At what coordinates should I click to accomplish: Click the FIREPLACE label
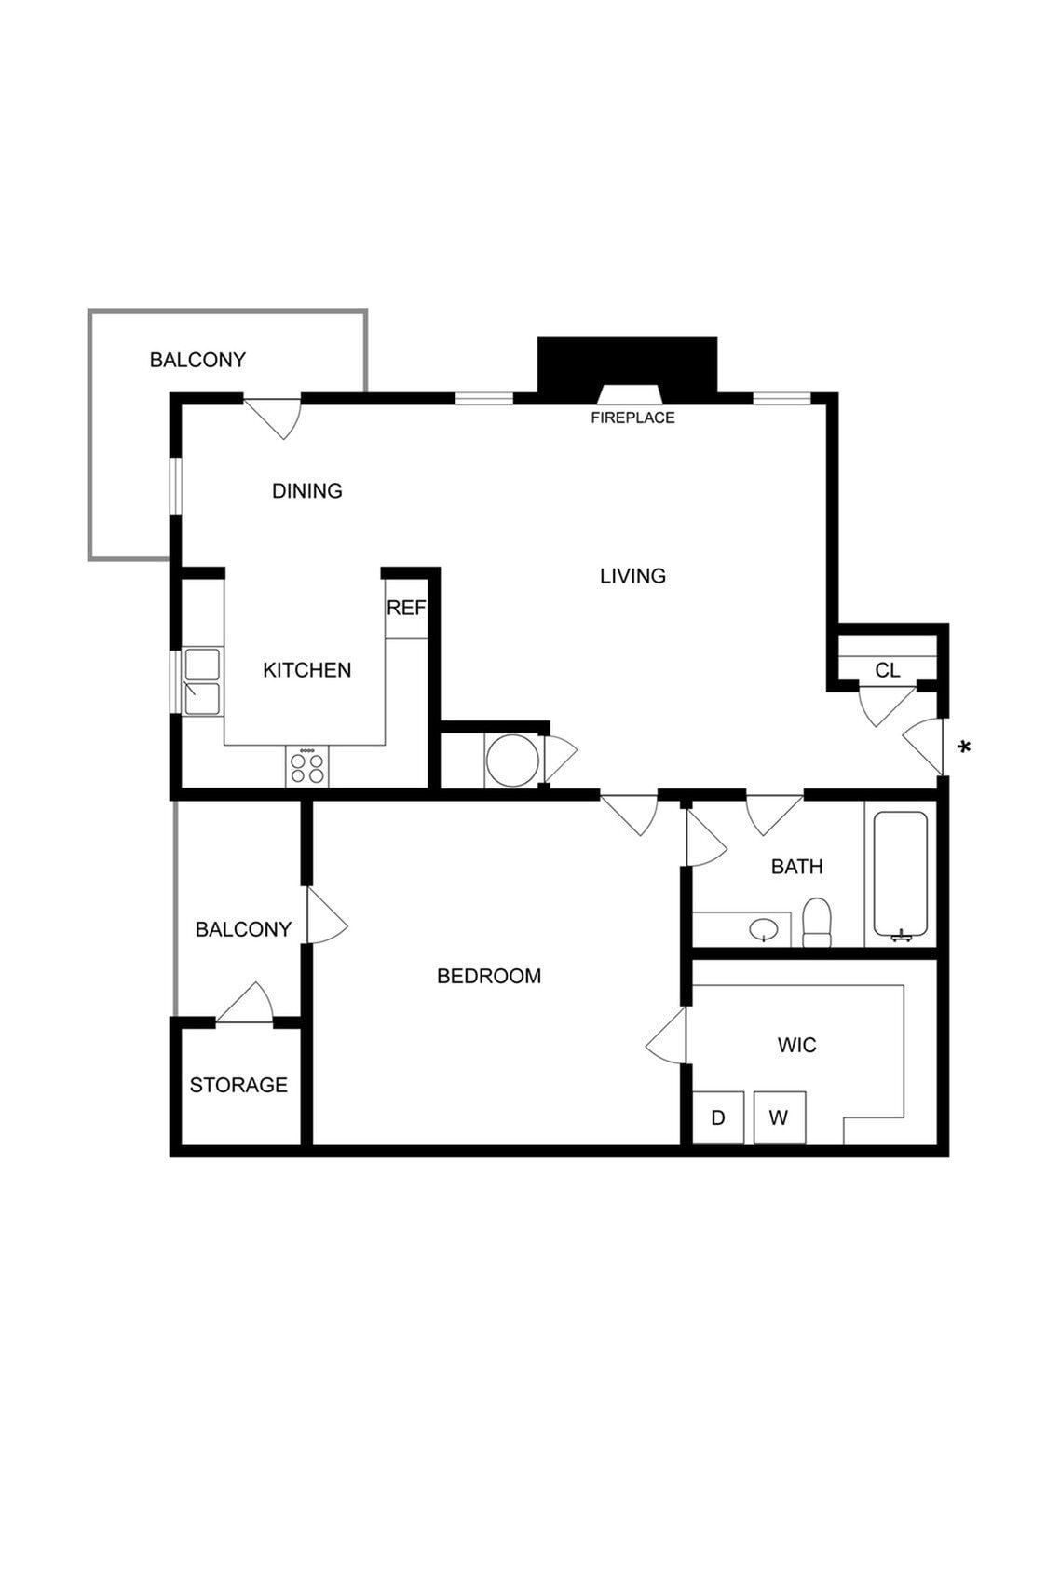coord(632,418)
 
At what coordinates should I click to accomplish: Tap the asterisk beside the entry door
coord(965,747)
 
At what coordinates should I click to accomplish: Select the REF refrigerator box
coord(406,609)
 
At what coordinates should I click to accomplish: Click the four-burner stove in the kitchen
coord(307,767)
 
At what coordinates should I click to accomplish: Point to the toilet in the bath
coord(817,923)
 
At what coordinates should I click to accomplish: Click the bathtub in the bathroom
coord(900,873)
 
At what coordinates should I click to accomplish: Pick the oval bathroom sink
coord(765,929)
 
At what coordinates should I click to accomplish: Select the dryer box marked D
coord(718,1117)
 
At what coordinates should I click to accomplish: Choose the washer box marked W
coord(779,1117)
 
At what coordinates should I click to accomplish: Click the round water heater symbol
coord(511,761)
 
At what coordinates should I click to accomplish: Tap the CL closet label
coord(888,670)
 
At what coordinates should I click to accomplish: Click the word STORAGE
coord(238,1085)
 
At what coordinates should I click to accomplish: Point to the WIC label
coord(796,1045)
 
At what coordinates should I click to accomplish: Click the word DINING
coord(307,490)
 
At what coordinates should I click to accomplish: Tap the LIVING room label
coord(632,576)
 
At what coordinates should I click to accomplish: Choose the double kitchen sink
coord(202,681)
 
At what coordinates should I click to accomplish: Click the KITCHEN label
coord(307,670)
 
